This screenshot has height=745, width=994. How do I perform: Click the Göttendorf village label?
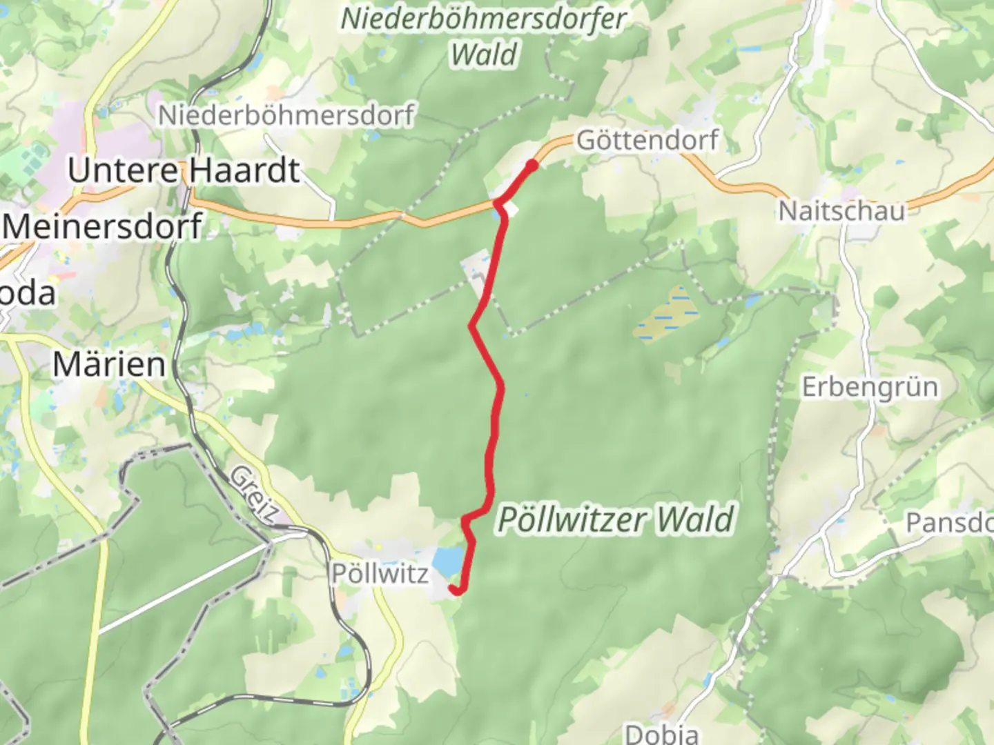click(x=647, y=140)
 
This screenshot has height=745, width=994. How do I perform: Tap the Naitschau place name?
click(x=841, y=210)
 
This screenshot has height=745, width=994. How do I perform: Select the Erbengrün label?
click(x=870, y=387)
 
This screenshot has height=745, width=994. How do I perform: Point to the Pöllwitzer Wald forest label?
click(x=615, y=519)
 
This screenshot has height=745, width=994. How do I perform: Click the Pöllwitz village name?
click(x=380, y=573)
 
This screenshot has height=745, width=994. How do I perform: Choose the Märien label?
click(x=109, y=364)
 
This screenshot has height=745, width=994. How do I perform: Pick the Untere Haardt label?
click(x=184, y=170)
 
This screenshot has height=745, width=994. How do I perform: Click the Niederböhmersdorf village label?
click(x=286, y=115)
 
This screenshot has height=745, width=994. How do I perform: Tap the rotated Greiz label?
click(x=254, y=494)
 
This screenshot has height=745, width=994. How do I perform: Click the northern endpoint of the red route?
click(x=532, y=164)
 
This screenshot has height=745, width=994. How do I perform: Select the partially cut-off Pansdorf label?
click(x=949, y=522)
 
